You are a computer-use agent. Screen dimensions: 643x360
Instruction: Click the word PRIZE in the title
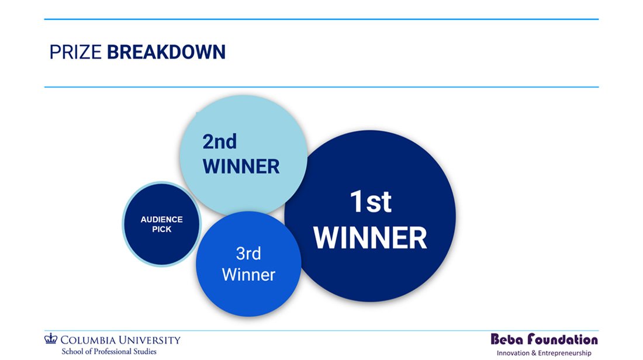[x=75, y=52]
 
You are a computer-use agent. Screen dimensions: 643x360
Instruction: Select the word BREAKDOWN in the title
[x=166, y=52]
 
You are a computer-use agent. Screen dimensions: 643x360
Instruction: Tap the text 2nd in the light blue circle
[x=219, y=142]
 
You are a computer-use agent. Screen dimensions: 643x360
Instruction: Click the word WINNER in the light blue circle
[x=241, y=167]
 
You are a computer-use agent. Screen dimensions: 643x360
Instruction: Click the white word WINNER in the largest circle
[x=370, y=238]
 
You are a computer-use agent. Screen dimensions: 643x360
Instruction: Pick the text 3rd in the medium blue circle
[x=248, y=254]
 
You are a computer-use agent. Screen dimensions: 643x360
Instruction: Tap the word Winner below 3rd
[x=248, y=275]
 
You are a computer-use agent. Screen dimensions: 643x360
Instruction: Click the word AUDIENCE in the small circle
[x=161, y=219]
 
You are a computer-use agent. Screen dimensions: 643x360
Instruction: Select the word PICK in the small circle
[x=161, y=230]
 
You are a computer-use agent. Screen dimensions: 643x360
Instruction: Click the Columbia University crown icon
[x=51, y=338]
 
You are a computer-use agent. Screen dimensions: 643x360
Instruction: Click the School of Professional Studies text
[x=109, y=351]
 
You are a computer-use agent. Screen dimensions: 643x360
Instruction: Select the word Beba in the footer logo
[x=507, y=339]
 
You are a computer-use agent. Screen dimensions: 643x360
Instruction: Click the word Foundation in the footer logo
[x=562, y=339]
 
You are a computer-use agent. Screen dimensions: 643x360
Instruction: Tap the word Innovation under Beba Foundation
[x=513, y=353]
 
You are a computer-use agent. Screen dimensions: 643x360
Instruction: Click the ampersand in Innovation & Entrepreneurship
[x=534, y=353]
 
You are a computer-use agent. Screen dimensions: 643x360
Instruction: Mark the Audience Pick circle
[x=161, y=224]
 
